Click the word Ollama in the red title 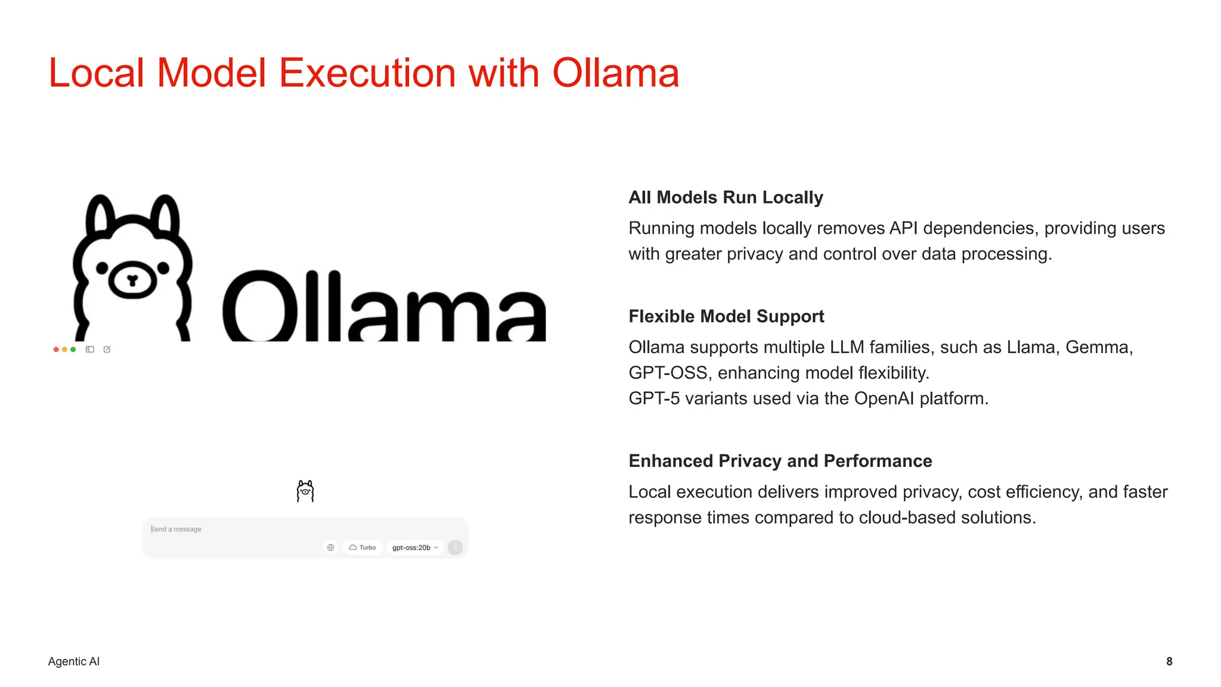click(615, 73)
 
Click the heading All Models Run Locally click(726, 197)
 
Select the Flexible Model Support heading click(726, 316)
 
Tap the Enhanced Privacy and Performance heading click(780, 461)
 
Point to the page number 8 click(1169, 661)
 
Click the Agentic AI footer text click(73, 661)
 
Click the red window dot click(56, 349)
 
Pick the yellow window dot click(64, 349)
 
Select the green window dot click(73, 349)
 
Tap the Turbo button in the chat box click(362, 547)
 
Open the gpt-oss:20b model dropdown click(415, 547)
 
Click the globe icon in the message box click(331, 547)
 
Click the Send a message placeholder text click(176, 529)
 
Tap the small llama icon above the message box click(305, 491)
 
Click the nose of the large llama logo click(132, 280)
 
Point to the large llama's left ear click(100, 216)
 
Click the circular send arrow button click(455, 547)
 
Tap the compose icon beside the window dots click(107, 349)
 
